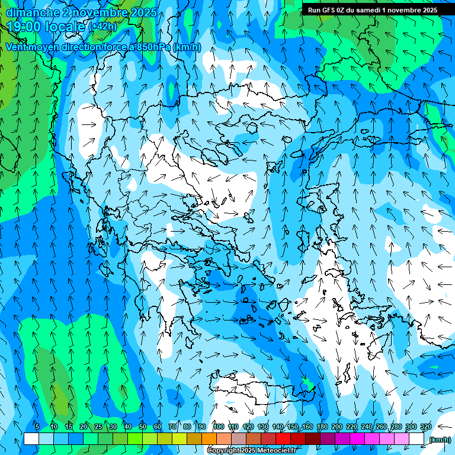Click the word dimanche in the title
(33, 12)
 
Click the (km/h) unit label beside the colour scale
(440, 440)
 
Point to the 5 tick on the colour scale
(37, 427)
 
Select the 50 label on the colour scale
(143, 427)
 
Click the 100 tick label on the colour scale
(219, 427)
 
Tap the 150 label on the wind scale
(293, 427)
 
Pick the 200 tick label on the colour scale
(337, 427)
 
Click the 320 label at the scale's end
(426, 427)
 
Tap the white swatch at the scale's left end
(31, 439)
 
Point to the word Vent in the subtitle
(17, 47)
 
